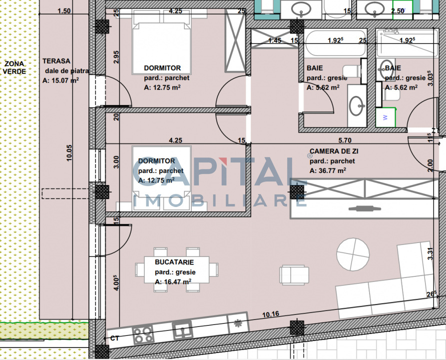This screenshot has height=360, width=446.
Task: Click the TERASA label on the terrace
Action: coord(56,61)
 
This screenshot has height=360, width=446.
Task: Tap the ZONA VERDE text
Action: coord(14,67)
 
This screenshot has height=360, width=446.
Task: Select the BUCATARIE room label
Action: coord(174,262)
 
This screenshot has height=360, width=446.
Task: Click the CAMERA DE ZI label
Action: coord(334,151)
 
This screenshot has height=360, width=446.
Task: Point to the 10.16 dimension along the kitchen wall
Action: coord(271,314)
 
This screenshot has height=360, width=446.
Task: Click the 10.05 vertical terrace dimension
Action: coord(69,153)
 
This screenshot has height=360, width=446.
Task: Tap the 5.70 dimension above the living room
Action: coord(345,140)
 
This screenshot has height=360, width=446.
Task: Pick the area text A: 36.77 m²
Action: coord(328,170)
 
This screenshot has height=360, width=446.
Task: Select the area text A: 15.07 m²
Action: coord(60,80)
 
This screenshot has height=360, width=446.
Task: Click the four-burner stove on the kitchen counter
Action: coord(143,334)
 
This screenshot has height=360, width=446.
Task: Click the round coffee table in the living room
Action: coord(353,254)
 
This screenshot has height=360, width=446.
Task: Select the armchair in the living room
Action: coord(294,275)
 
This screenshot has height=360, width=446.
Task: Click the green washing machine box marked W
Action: coord(386,117)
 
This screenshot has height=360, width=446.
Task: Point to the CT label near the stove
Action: coord(115,338)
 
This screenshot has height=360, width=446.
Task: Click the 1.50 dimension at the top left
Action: coord(64,11)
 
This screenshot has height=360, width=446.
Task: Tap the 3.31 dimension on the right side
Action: coord(431,254)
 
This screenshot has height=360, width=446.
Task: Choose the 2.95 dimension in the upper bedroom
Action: coord(116,57)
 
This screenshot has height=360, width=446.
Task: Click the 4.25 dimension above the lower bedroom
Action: coord(175,140)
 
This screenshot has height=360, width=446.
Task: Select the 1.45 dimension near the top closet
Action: coord(275,40)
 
